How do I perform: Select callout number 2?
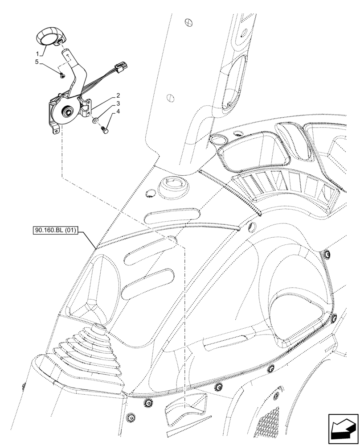[x=118, y=95]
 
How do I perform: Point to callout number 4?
[x=118, y=113]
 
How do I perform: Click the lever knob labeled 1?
[x=49, y=35]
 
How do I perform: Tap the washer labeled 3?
[x=95, y=120]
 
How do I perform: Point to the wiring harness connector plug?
[x=121, y=68]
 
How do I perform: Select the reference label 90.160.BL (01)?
[x=55, y=231]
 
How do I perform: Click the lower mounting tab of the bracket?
[x=56, y=130]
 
